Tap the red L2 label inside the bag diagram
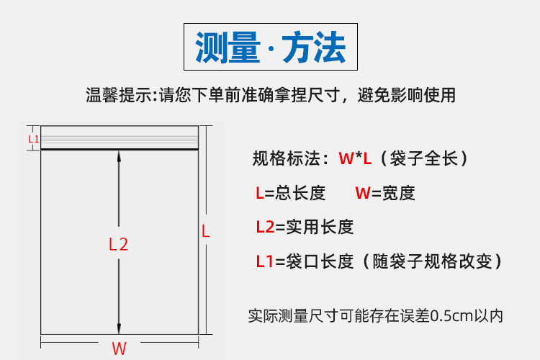(x=118, y=244)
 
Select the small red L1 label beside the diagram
(x=33, y=138)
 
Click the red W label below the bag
(x=119, y=348)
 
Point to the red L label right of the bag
(x=205, y=232)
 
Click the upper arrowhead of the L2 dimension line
(x=119, y=156)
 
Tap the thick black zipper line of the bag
(x=119, y=149)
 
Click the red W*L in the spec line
(x=355, y=158)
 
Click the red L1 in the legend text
(x=264, y=261)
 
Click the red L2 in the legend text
(x=265, y=227)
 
